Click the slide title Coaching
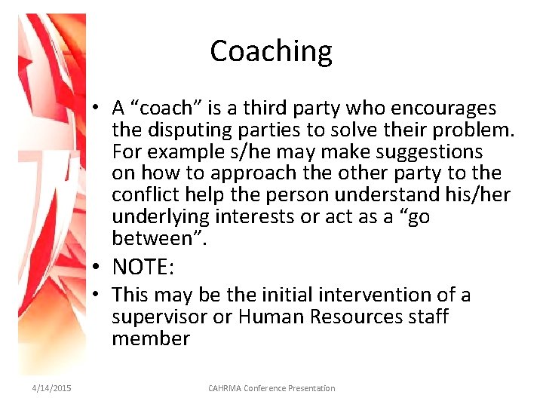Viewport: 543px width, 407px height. click(271, 51)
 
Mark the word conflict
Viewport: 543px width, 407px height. click(144, 195)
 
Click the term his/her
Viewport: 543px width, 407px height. click(481, 195)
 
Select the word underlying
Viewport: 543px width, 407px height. click(161, 217)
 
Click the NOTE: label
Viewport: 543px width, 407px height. click(143, 266)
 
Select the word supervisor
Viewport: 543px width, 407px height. click(159, 317)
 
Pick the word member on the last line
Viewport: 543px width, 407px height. click(151, 338)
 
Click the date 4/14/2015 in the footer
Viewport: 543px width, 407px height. click(52, 388)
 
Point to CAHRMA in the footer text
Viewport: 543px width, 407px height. click(225, 388)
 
